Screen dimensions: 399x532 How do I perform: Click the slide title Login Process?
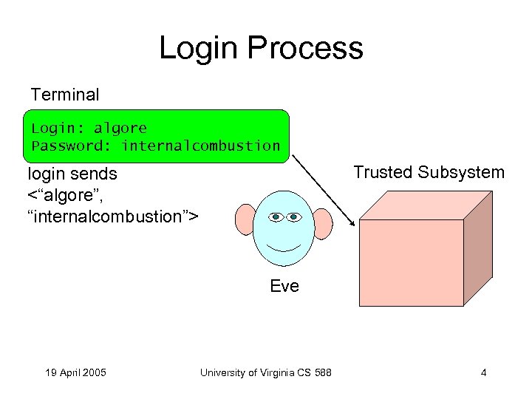[x=261, y=48]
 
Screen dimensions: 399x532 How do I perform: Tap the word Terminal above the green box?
[x=65, y=95]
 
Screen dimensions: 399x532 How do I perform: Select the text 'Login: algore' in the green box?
[x=89, y=128]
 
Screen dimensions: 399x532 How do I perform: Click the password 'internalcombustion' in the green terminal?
[x=201, y=146]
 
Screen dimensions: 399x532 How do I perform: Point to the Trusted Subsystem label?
[x=429, y=173]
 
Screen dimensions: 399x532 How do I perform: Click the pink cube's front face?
[x=411, y=262]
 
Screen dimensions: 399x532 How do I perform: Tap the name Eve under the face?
[x=284, y=286]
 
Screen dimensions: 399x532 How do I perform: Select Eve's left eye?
[x=276, y=217]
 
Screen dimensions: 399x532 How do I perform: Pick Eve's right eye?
[x=294, y=217]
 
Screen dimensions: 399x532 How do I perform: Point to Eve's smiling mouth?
[x=284, y=245]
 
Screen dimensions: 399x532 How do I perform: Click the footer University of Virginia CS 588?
[x=265, y=372]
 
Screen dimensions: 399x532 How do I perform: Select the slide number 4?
[x=483, y=372]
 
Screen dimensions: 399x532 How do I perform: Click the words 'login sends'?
[x=72, y=174]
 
